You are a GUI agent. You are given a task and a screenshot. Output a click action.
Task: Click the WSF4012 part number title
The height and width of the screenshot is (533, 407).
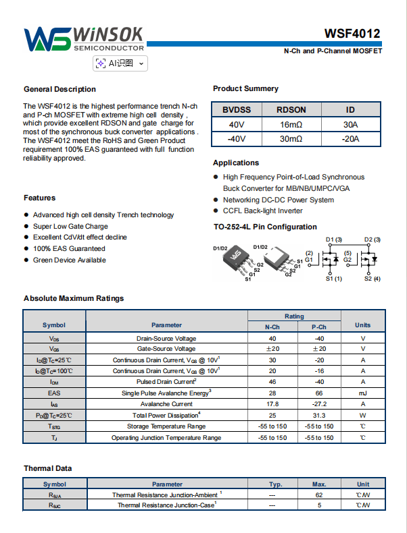pos(352,34)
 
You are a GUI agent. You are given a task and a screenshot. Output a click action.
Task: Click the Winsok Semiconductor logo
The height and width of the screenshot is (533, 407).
pos(85,40)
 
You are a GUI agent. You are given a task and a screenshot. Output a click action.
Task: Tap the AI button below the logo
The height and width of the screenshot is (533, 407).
pos(120,63)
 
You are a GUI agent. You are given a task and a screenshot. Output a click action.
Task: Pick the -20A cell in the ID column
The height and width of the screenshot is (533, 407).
pos(350,139)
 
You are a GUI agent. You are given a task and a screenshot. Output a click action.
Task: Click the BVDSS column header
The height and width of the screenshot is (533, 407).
pos(237,110)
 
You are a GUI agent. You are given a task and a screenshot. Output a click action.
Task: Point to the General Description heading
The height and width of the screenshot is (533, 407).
pos(59,89)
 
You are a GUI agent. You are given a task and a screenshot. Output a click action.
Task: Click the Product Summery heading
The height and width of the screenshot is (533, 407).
pos(245,88)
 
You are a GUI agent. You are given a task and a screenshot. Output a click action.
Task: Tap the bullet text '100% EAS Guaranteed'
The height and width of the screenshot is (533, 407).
pos(69,248)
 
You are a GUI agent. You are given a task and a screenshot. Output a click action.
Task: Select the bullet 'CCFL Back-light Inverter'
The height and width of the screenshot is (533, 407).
pos(263,211)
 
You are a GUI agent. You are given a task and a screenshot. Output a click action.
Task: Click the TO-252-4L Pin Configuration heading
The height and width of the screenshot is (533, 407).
pos(264,227)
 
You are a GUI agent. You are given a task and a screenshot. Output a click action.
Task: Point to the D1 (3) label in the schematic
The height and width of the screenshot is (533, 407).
pos(334,240)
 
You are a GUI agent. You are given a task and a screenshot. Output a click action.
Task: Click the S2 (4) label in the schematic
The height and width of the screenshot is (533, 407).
pos(373,279)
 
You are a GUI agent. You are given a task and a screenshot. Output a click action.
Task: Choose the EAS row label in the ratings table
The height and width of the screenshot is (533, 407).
pos(54,393)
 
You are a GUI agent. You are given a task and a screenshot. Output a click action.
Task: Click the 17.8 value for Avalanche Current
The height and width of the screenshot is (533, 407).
pos(272,403)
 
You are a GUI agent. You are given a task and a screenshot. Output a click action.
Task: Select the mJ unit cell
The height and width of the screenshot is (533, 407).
pos(363,393)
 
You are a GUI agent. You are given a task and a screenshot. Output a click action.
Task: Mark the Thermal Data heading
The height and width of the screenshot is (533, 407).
pos(47,468)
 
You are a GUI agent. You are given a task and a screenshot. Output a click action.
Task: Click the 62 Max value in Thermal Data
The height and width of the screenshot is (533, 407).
pos(319,495)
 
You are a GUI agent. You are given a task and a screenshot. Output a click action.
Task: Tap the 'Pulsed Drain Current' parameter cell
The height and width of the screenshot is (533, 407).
pos(166,381)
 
